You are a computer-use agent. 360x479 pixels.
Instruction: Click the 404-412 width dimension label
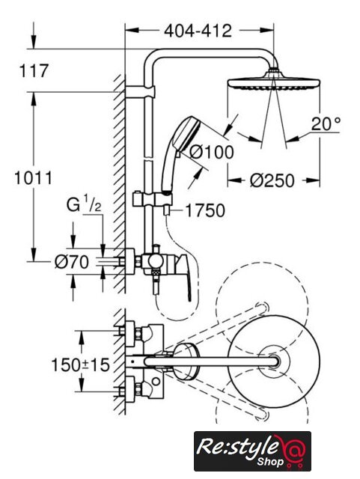click(198, 31)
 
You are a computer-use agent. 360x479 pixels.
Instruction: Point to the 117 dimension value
click(34, 70)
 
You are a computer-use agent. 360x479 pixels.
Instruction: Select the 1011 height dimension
click(34, 178)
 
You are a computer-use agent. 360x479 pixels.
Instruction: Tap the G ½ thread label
click(84, 205)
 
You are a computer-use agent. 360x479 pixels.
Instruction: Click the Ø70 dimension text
click(72, 262)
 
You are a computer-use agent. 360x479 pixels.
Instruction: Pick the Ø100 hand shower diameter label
click(212, 152)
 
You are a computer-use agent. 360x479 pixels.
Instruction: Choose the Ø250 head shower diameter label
click(272, 180)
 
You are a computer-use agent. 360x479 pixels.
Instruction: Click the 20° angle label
click(326, 124)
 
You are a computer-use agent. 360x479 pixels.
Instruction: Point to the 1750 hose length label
click(205, 211)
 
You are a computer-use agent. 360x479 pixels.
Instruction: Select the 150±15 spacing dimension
click(80, 365)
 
